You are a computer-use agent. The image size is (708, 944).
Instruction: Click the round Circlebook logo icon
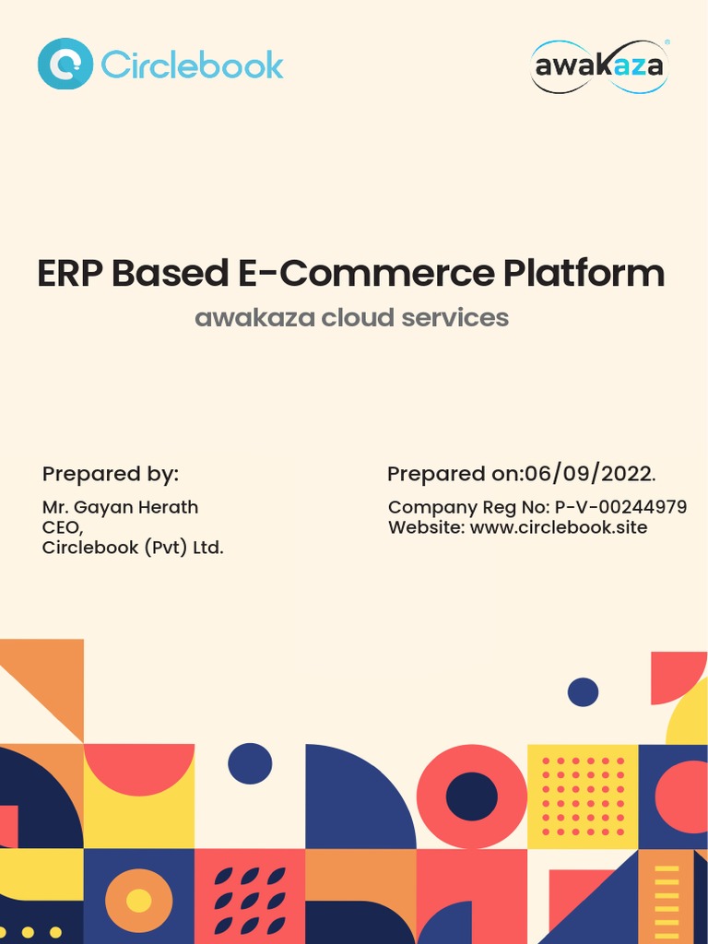(x=65, y=64)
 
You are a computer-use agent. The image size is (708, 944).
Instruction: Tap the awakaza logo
(x=599, y=66)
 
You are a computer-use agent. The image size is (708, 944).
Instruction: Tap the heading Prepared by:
(x=111, y=474)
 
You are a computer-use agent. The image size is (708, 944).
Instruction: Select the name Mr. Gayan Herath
(x=120, y=507)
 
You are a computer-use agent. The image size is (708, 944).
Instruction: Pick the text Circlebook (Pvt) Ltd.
(x=133, y=548)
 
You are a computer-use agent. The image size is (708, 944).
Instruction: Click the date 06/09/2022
(x=588, y=474)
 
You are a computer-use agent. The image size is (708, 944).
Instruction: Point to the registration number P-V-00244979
(x=620, y=507)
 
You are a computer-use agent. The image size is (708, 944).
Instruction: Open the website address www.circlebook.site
(x=559, y=527)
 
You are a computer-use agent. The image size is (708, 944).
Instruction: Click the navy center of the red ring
(x=472, y=796)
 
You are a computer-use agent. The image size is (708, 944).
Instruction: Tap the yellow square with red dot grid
(x=583, y=796)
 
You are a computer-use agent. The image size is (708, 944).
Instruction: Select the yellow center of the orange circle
(x=138, y=901)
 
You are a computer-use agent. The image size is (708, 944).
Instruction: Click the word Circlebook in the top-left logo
(x=192, y=65)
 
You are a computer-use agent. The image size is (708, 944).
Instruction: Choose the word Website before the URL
(x=426, y=527)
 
